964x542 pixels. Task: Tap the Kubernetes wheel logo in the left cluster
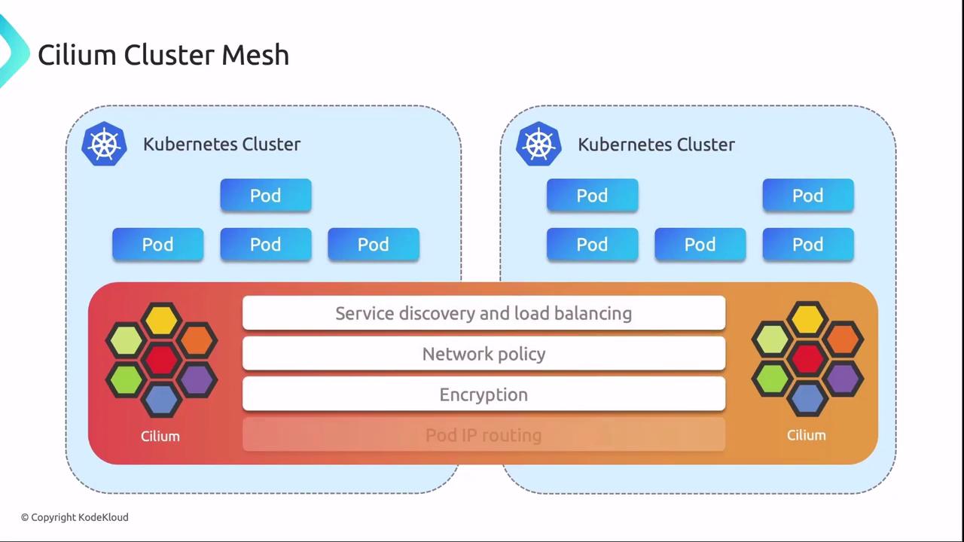(104, 144)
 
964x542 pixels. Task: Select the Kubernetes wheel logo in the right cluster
(538, 144)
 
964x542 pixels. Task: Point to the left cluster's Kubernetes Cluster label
(221, 145)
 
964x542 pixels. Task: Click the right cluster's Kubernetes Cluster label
(656, 145)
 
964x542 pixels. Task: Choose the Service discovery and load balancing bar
(484, 313)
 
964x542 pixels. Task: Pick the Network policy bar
(484, 354)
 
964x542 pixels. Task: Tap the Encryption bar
(484, 394)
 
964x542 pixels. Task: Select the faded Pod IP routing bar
(484, 435)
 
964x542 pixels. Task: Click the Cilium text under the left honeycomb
(160, 436)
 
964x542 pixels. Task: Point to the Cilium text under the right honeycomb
(807, 435)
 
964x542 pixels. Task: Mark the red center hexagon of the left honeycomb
(160, 359)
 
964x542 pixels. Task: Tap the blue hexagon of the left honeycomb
(160, 398)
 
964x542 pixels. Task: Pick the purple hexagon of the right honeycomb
(842, 379)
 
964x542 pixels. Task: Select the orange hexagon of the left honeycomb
(197, 340)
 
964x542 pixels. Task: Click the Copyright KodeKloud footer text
(75, 517)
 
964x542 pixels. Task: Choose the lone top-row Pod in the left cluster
(266, 196)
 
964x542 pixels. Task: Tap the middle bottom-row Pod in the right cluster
(700, 245)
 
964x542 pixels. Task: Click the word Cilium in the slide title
(78, 55)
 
